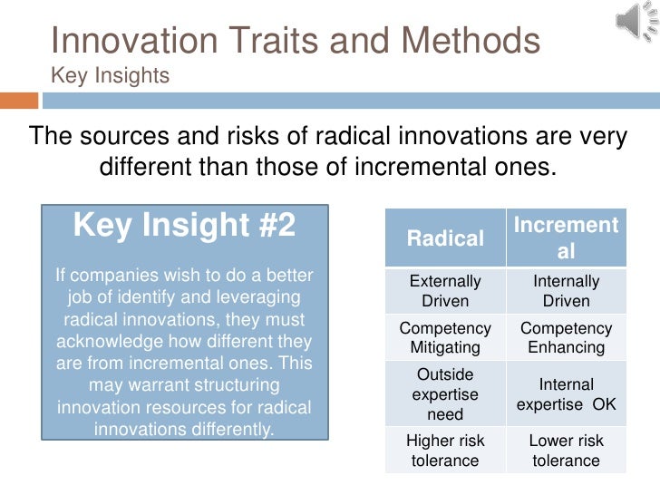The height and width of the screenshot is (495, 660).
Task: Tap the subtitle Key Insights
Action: [110, 76]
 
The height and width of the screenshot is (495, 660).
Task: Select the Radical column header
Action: [445, 238]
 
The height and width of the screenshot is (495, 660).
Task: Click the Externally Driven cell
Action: [445, 291]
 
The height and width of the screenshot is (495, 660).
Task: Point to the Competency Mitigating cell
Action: [445, 338]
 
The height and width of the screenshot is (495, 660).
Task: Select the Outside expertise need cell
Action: [445, 394]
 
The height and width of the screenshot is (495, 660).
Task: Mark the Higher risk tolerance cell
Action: [445, 451]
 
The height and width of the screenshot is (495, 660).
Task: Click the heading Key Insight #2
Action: [184, 225]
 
